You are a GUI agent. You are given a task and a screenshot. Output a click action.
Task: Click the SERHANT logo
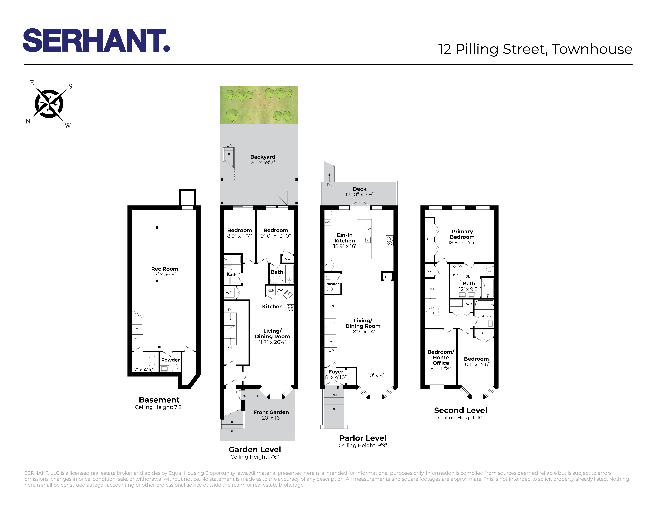tap(96, 40)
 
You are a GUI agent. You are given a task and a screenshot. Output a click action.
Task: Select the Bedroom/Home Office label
tap(441, 357)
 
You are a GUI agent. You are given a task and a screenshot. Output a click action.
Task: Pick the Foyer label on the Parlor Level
tap(336, 372)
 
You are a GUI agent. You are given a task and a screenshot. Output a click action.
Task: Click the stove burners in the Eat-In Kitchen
tap(390, 240)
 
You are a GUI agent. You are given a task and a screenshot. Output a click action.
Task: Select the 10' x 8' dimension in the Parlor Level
tap(376, 375)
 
